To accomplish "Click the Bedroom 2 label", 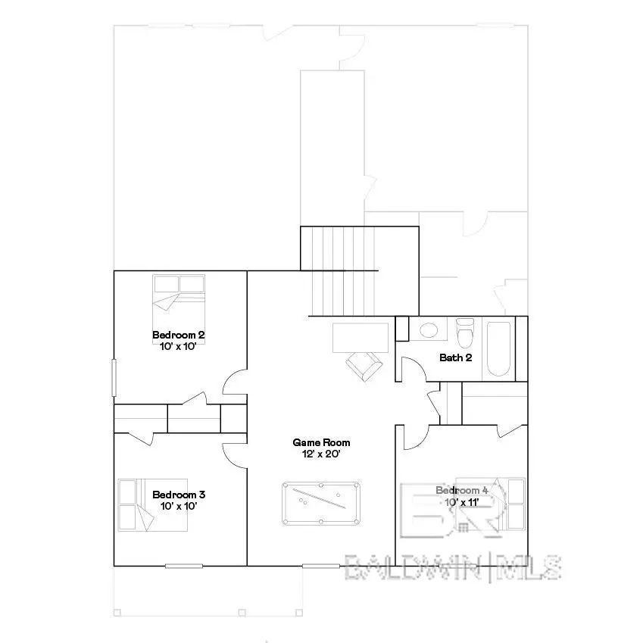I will [179, 335].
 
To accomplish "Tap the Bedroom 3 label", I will [179, 495].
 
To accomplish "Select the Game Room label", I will [322, 442].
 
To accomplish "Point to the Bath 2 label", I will [457, 357].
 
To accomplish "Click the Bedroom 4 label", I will [462, 491].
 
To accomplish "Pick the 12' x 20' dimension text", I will [322, 454].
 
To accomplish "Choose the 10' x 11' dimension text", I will [462, 502].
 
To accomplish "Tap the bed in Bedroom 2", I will [179, 298].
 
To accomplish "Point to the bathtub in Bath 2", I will [498, 349].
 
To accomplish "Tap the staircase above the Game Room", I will [341, 270].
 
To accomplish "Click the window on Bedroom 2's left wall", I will [114, 376].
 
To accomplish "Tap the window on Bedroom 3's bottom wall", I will [184, 566].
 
